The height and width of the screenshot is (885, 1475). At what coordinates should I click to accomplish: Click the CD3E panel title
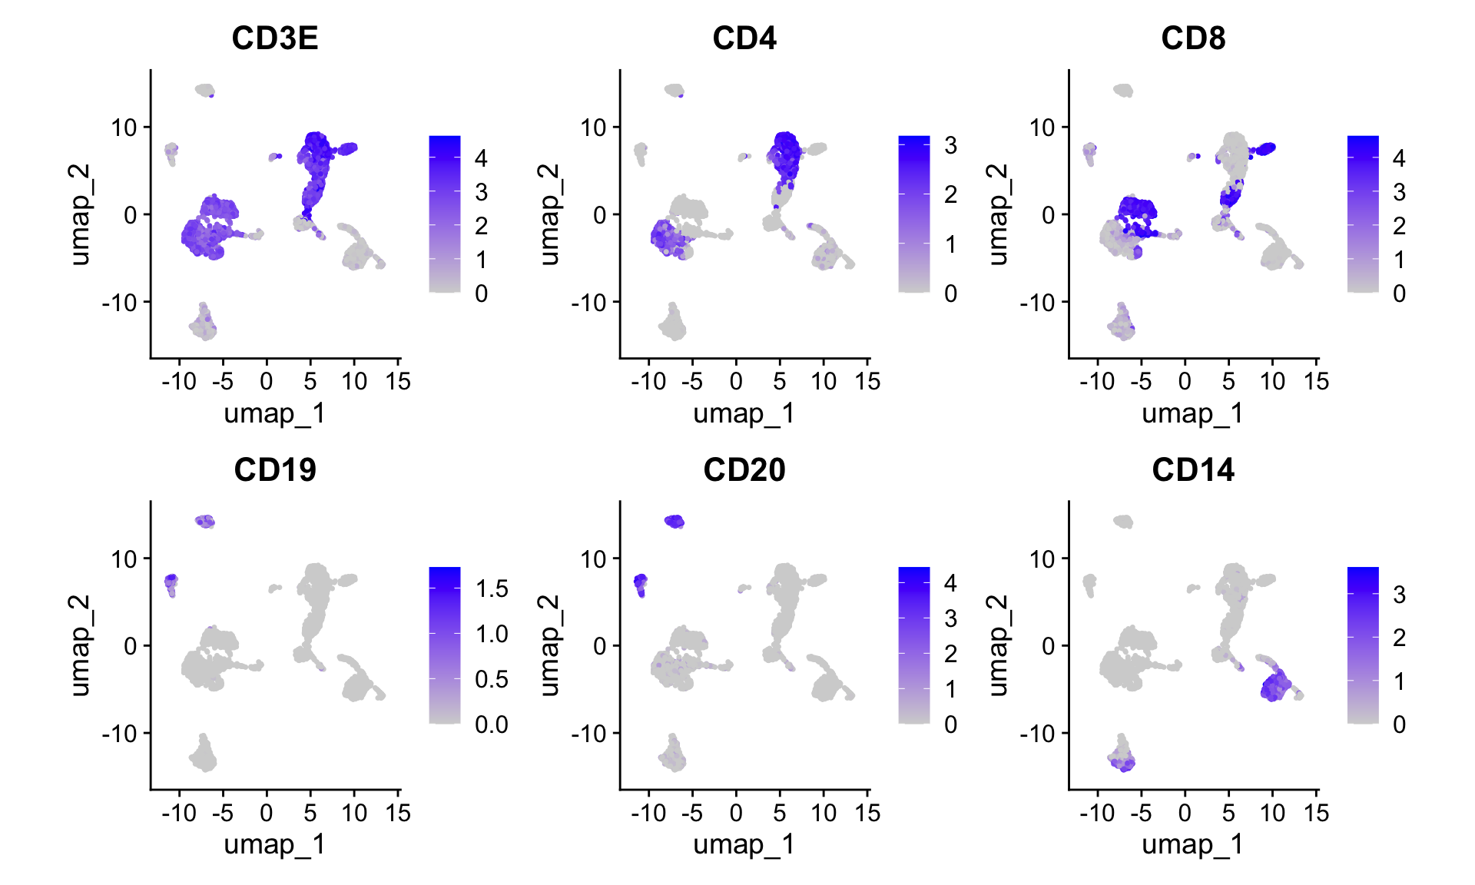pyautogui.click(x=275, y=38)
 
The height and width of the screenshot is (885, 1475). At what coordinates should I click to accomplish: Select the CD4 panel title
pyautogui.click(x=744, y=38)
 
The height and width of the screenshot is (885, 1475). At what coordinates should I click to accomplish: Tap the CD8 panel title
pyautogui.click(x=1193, y=38)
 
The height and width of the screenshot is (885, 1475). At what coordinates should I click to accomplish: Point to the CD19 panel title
pyautogui.click(x=275, y=470)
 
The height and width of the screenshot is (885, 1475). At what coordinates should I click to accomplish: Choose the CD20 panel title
pyautogui.click(x=744, y=470)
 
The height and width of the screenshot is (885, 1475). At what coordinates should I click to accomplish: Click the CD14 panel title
pyautogui.click(x=1193, y=470)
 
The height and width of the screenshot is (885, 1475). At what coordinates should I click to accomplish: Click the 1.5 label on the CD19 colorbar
pyautogui.click(x=492, y=589)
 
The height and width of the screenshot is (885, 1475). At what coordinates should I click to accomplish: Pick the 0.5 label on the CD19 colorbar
pyautogui.click(x=492, y=679)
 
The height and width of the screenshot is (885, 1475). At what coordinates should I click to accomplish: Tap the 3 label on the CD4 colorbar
pyautogui.click(x=950, y=145)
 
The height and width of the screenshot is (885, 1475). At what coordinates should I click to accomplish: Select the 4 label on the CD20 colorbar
pyautogui.click(x=950, y=583)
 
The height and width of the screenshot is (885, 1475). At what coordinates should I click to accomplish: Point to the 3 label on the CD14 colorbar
pyautogui.click(x=1399, y=595)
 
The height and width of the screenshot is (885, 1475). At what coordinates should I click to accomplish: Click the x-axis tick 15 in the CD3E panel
pyautogui.click(x=398, y=381)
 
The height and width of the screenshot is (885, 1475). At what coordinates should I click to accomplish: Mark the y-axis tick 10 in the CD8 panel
pyautogui.click(x=1042, y=128)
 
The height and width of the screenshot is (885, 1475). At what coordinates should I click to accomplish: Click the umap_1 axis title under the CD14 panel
pyautogui.click(x=1192, y=844)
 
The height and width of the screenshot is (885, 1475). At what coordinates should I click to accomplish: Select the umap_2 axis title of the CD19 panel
pyautogui.click(x=80, y=645)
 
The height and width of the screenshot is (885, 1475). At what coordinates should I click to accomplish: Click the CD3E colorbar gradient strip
pyautogui.click(x=445, y=214)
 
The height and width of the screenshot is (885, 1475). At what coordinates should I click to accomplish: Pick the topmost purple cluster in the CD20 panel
pyautogui.click(x=674, y=522)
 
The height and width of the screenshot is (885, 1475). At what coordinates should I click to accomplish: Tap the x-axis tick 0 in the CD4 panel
pyautogui.click(x=736, y=381)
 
